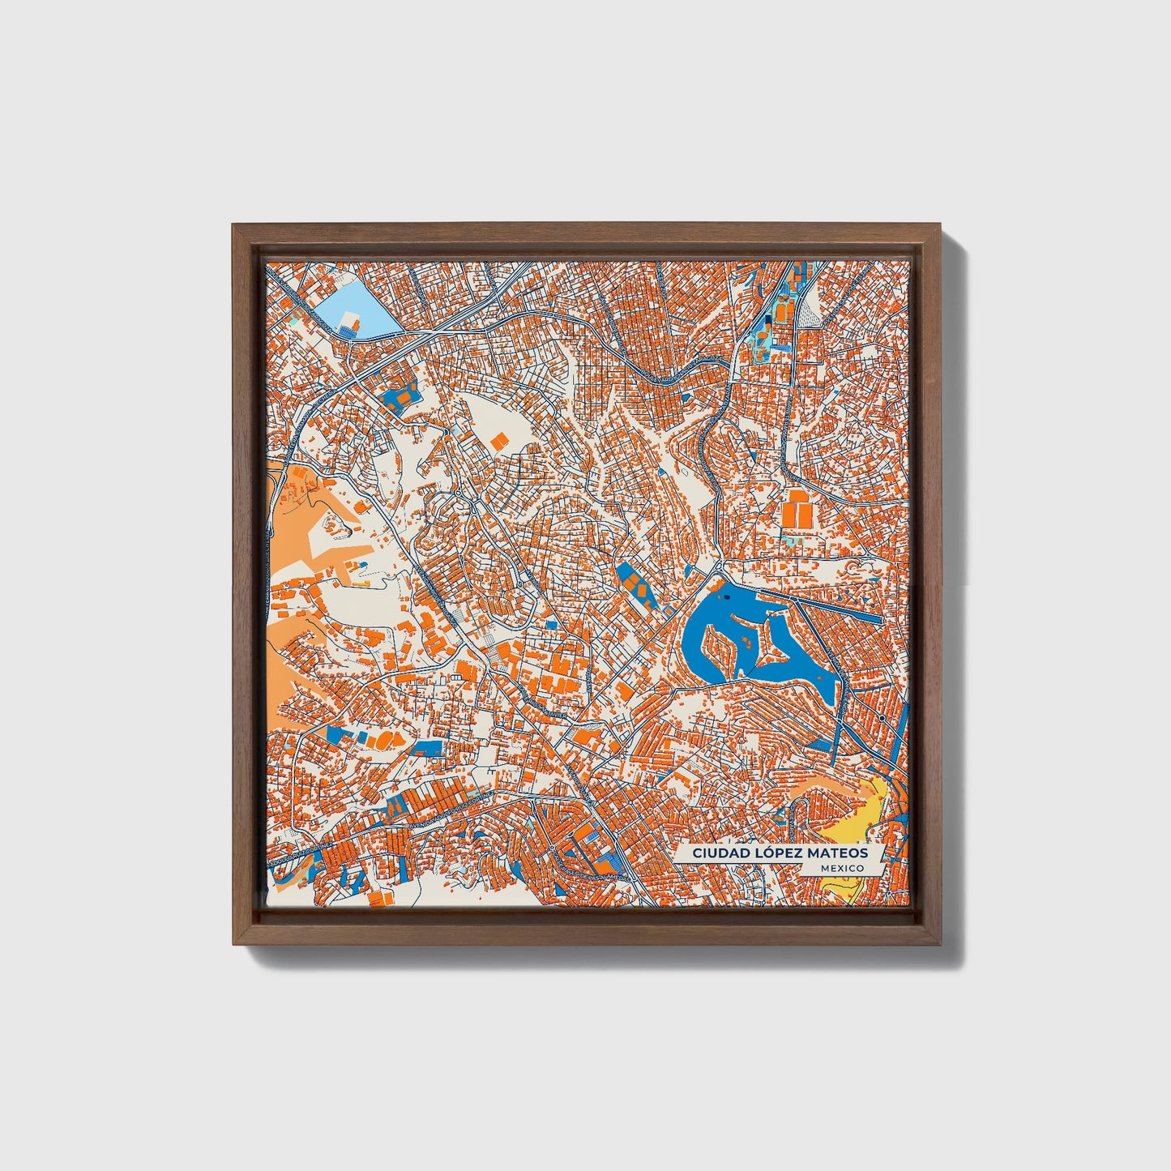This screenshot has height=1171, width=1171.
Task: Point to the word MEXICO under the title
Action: tap(842, 868)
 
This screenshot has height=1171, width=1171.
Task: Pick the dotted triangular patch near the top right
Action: tap(810, 311)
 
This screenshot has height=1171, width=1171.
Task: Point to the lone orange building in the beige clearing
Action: tap(498, 441)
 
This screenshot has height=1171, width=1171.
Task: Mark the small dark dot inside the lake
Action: tap(726, 596)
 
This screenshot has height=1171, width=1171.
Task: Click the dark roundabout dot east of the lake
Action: tap(881, 717)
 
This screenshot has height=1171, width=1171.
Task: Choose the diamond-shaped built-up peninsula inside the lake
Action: tap(761, 640)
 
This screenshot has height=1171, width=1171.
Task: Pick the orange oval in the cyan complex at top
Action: tap(781, 311)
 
